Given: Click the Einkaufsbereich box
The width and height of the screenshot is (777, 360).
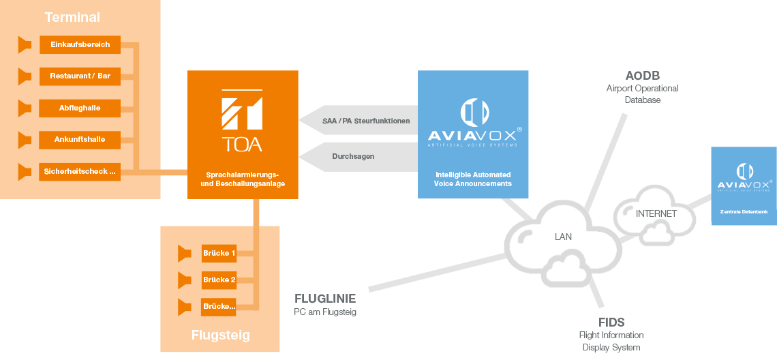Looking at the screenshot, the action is tap(80, 44).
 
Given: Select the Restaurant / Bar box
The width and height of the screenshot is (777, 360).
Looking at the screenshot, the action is tap(80, 76).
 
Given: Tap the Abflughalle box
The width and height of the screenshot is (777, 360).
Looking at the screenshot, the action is tap(80, 108).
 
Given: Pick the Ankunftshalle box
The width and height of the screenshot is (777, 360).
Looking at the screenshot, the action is tap(80, 140).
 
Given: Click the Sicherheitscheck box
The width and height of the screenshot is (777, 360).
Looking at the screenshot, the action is tap(80, 172).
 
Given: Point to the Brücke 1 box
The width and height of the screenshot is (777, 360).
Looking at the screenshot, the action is tap(219, 254).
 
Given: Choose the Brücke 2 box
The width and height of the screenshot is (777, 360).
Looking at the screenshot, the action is tap(219, 280).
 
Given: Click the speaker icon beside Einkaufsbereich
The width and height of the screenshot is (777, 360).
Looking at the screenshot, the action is tap(25, 44).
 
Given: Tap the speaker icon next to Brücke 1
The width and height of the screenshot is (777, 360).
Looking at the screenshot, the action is tap(184, 254).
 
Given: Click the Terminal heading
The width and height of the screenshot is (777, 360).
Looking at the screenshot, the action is tap(72, 17).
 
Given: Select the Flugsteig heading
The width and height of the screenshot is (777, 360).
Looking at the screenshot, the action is tap(221, 335).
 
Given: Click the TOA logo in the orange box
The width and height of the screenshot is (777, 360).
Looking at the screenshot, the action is tap(242, 119).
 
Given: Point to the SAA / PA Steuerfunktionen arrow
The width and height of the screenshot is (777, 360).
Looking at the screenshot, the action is tap(359, 120).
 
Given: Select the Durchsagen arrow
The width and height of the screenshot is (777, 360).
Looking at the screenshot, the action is tap(359, 157).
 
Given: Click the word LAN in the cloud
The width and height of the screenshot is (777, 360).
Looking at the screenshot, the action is tap(563, 237).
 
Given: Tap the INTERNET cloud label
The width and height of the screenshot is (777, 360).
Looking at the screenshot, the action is tap(656, 213).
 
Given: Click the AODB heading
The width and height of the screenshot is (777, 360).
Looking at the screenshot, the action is tap(642, 76).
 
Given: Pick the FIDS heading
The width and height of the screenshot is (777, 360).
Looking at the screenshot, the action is tap(611, 322).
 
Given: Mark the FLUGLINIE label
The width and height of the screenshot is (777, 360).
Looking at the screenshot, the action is tap(325, 299).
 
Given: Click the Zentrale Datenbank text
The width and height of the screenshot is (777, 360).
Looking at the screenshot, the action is tap(744, 212).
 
